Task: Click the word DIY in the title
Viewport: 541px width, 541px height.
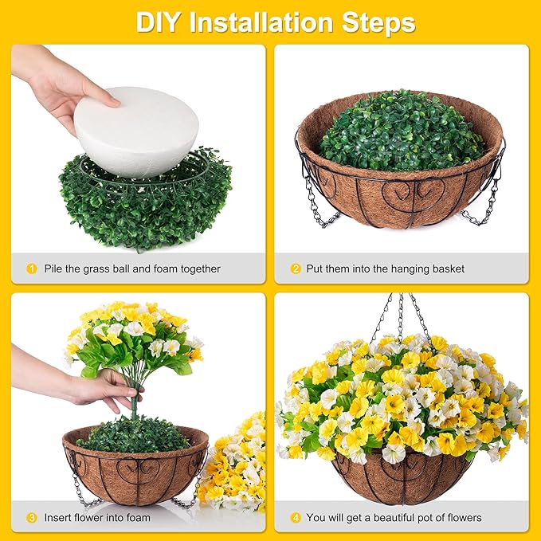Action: [158, 22]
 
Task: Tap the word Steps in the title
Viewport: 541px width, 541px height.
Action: [378, 23]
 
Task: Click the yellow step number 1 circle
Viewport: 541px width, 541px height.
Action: [31, 269]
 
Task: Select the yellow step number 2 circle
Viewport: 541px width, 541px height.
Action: [296, 269]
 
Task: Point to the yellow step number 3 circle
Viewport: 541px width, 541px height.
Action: [31, 518]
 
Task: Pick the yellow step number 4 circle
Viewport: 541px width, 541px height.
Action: [296, 518]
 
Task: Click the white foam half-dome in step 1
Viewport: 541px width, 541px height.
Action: [136, 131]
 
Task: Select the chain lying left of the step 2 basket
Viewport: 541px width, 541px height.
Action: [320, 203]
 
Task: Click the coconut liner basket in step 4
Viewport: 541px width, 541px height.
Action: [402, 478]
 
